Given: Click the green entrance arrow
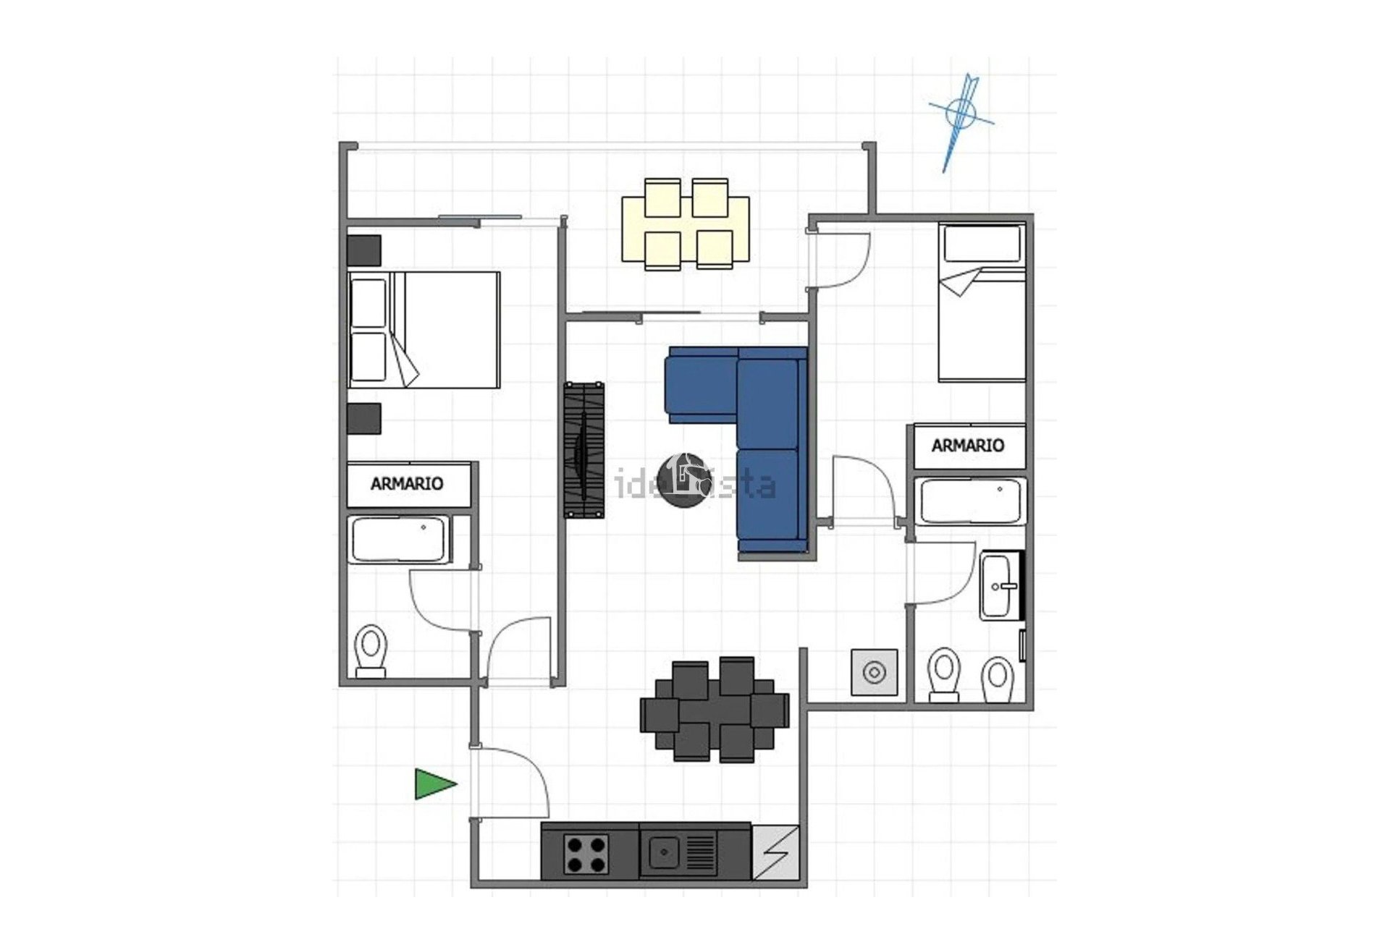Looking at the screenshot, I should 434,784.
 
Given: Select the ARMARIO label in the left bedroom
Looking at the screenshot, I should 407,484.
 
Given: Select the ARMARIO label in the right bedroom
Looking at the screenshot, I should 968,446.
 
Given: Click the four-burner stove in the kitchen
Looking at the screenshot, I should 586,854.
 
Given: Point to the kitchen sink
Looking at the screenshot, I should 664,851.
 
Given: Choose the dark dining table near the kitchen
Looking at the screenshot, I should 714,709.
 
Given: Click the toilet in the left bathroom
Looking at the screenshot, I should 371,650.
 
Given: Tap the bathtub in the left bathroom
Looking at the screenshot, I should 397,539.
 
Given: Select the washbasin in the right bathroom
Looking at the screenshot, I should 1000,585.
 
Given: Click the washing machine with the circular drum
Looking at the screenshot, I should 875,673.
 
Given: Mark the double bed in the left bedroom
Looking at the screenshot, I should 424,330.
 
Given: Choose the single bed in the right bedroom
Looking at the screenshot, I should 982,304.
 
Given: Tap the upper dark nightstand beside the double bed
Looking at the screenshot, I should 363,250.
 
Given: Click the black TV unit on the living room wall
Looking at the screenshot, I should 584,449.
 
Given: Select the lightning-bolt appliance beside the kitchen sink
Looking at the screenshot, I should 776,852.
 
